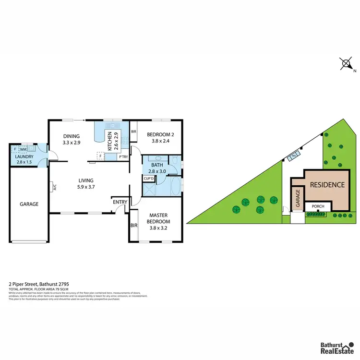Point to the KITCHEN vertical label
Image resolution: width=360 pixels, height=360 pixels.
coord(110,141)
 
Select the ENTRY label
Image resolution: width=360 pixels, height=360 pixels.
coord(120,202)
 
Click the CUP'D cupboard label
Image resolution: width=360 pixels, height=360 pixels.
coord(148,179)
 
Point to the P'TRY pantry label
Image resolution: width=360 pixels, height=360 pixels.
coord(123,156)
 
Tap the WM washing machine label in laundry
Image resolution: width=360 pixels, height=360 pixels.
coord(23,150)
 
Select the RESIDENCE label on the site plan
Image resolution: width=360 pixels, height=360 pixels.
coord(327,185)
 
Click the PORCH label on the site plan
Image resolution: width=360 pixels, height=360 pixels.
coord(318,207)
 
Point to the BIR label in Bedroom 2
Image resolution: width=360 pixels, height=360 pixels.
coord(134,131)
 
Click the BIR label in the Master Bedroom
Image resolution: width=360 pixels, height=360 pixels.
coord(132,225)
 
